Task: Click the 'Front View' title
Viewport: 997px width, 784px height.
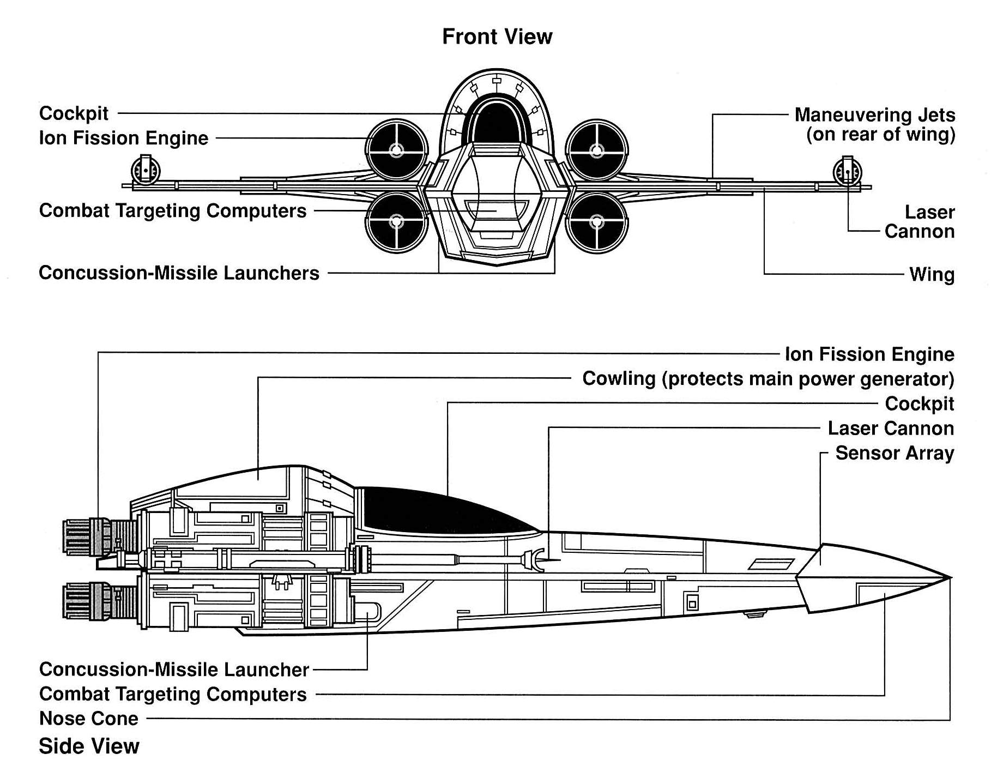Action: [497, 37]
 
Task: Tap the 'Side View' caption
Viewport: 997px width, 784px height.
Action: [89, 746]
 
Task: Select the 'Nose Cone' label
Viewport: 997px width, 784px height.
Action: [88, 718]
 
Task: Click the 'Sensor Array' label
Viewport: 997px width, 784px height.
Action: [894, 453]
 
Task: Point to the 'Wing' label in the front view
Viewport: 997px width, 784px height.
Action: [932, 274]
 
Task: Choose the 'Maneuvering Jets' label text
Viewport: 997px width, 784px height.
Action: [874, 115]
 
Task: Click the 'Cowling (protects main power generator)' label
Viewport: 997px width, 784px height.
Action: [768, 378]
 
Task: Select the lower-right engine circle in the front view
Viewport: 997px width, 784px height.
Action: [597, 222]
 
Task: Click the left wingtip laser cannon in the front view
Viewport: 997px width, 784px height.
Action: [146, 170]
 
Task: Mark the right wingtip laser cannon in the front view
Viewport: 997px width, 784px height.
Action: [847, 171]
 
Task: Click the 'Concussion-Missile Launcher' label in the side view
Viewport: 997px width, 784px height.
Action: [174, 669]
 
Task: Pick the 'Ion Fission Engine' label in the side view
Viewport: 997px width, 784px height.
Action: [869, 354]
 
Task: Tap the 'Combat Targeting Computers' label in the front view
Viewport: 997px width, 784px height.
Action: [173, 210]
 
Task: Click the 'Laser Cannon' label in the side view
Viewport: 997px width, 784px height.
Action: [890, 429]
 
